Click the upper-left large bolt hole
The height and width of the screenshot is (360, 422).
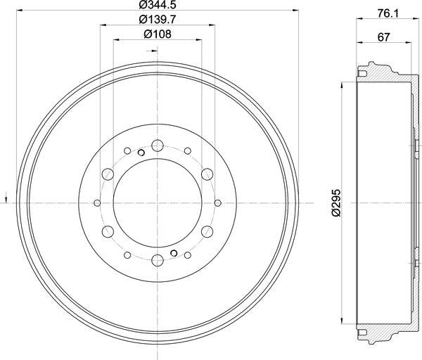(107, 174)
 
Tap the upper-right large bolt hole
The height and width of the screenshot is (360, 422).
(207, 174)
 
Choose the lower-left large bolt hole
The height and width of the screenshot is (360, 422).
(107, 231)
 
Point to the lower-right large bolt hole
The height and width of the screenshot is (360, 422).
(207, 231)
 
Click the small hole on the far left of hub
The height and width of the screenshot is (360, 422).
(97, 202)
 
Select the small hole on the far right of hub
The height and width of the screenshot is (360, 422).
(217, 202)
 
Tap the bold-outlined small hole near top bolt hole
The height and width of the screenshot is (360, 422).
(141, 153)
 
